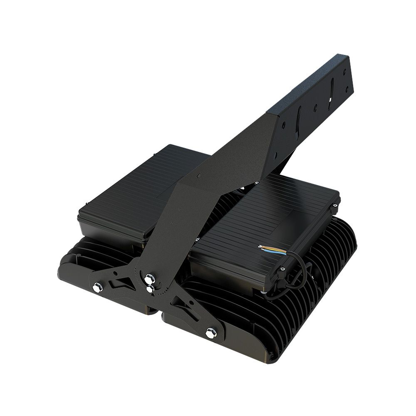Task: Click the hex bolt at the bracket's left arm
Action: [x=97, y=287]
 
